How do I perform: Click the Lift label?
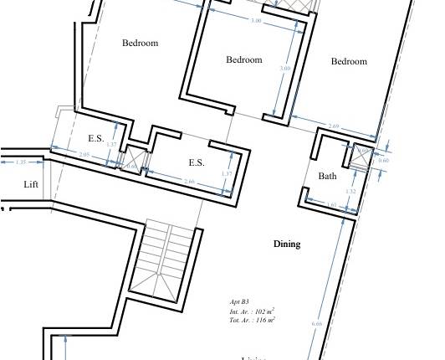click(x=31, y=184)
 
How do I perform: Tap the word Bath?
click(x=327, y=176)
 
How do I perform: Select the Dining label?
click(x=287, y=244)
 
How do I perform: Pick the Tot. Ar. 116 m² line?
click(x=252, y=320)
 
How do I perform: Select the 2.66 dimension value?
click(x=189, y=182)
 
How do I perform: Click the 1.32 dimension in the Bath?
click(x=351, y=192)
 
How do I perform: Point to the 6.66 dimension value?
click(x=316, y=324)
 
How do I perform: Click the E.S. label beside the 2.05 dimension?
click(x=96, y=139)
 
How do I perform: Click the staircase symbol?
click(x=166, y=260)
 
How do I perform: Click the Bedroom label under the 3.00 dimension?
click(x=244, y=59)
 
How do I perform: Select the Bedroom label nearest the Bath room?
click(x=349, y=61)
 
